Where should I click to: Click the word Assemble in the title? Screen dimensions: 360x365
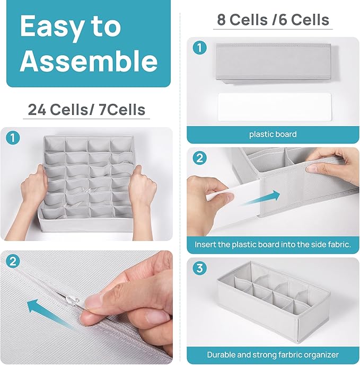(89, 61)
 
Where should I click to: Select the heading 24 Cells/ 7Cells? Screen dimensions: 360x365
(86, 110)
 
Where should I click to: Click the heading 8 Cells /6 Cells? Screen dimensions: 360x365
(273, 20)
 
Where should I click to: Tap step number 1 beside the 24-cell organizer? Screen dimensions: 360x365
(13, 138)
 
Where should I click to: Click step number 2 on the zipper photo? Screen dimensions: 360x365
(13, 261)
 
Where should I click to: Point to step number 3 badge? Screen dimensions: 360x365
(200, 268)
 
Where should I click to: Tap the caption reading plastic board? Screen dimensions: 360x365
(273, 135)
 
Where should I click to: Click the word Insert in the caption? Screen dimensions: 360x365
(204, 245)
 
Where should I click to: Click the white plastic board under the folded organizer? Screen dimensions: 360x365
(275, 107)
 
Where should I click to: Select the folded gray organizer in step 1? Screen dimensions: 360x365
(276, 64)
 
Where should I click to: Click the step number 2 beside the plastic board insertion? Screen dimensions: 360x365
(200, 158)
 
